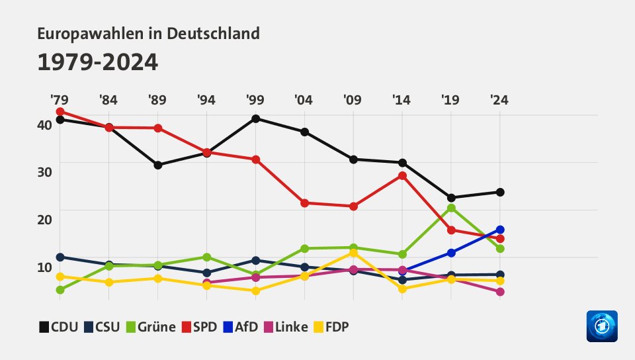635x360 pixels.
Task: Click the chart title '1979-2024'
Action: tap(98, 63)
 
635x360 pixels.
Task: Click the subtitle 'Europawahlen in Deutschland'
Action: tap(149, 33)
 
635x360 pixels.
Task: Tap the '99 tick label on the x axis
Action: tap(255, 101)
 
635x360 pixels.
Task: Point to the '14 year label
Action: tap(402, 101)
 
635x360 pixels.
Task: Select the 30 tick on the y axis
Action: tap(44, 171)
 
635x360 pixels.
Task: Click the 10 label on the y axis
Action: tap(44, 266)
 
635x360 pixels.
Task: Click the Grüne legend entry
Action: tap(151, 327)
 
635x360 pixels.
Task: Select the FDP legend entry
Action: tap(330, 327)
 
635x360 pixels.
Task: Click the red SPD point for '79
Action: tap(60, 111)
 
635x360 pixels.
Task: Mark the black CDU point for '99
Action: tap(255, 118)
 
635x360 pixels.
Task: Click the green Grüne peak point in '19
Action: tap(451, 208)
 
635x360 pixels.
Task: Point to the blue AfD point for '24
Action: tap(500, 230)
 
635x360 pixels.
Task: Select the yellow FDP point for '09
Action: tap(353, 253)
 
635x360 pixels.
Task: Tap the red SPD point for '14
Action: tap(402, 175)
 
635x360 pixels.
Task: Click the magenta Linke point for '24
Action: tap(500, 292)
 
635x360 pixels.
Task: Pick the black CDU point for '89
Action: tap(158, 165)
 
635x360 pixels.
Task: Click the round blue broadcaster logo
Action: tap(601, 326)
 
